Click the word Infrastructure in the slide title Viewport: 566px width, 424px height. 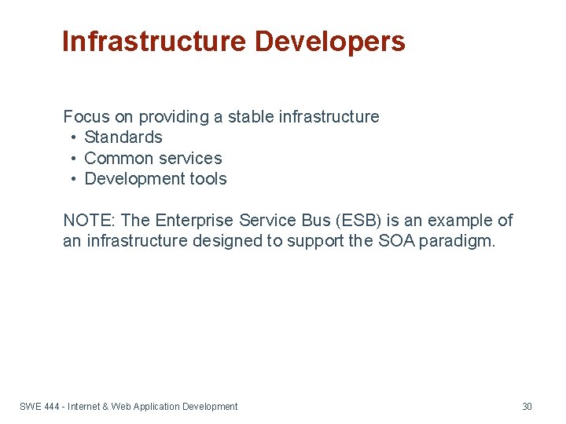tap(154, 42)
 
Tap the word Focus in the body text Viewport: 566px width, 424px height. tap(86, 117)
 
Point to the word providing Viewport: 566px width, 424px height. tap(173, 117)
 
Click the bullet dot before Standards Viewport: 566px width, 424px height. tap(72, 137)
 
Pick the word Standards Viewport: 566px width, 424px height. tap(123, 137)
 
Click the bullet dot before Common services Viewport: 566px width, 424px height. tap(72, 159)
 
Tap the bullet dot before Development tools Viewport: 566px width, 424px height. tap(72, 179)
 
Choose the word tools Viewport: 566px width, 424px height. tap(208, 179)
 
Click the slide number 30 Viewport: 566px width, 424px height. tap(527, 407)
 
